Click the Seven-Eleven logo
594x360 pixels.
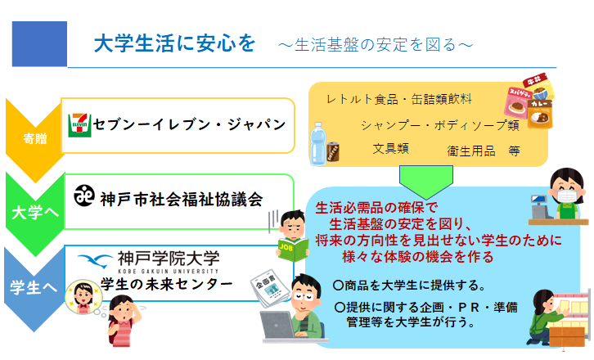[79, 125]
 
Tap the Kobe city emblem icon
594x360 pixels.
[84, 196]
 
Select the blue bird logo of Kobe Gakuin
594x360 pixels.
[95, 260]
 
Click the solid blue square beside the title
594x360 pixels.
[39, 44]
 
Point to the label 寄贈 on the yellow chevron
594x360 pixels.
[35, 139]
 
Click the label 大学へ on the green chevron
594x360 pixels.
[35, 213]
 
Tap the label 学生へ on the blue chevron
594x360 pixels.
[34, 287]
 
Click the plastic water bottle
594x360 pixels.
[317, 144]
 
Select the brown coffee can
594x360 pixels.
[333, 151]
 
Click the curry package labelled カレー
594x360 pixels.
[539, 113]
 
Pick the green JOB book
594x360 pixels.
[293, 249]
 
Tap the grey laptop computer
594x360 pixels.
[277, 326]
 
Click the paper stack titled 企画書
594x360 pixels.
[268, 289]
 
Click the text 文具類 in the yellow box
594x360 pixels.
[390, 149]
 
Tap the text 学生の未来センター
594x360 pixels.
[166, 284]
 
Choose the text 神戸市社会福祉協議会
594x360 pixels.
[181, 200]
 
